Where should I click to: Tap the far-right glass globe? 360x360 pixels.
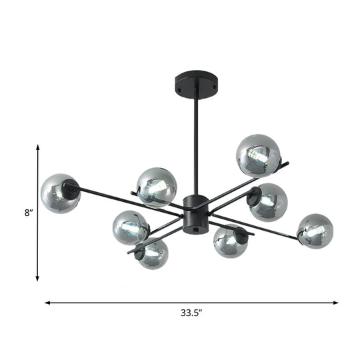(315, 230)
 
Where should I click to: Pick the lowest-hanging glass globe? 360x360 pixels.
(153, 253)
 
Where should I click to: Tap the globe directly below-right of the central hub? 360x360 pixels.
(231, 241)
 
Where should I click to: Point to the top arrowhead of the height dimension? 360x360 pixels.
(38, 149)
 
